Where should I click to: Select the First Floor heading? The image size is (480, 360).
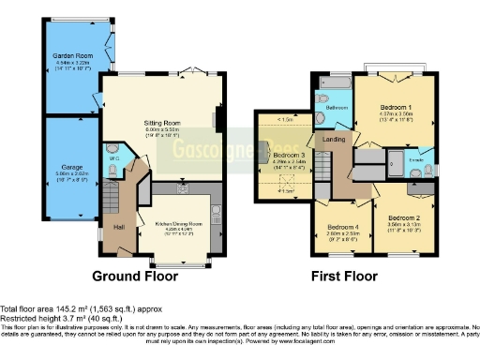tap(344, 277)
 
